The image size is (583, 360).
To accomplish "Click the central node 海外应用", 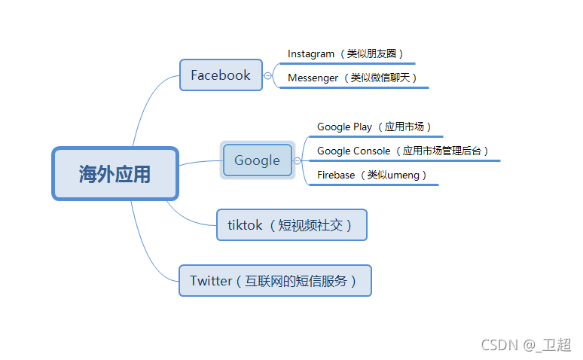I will tap(114, 174).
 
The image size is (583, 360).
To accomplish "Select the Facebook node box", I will tap(221, 75).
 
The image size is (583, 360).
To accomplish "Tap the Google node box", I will tap(257, 160).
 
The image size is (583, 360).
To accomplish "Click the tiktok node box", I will tap(291, 225).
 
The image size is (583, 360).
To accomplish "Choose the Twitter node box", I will tap(275, 281).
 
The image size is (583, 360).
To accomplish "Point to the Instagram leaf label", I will tap(311, 54).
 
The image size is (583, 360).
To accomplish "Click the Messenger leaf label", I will tap(313, 78).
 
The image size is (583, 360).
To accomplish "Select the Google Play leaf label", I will tap(344, 127).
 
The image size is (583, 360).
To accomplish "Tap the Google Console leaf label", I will tap(353, 151).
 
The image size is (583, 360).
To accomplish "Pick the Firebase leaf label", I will tap(336, 175).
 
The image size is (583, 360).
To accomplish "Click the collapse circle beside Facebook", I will tap(267, 75).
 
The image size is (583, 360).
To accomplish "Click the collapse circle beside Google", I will tap(298, 160).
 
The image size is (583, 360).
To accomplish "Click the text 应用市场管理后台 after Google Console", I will tap(445, 151).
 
